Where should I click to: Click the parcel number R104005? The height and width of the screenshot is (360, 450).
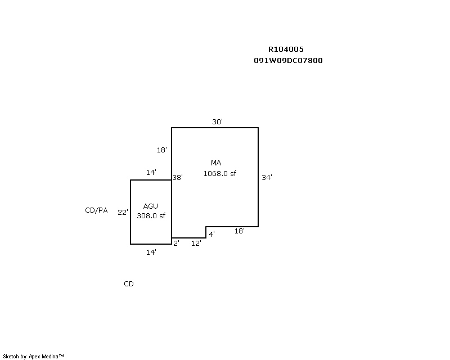(x=286, y=49)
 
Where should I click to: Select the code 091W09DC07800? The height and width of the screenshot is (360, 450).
(x=288, y=60)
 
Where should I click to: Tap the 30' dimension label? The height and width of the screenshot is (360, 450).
(x=217, y=121)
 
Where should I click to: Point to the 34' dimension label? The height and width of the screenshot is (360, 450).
(x=267, y=177)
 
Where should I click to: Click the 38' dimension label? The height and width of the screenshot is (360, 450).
(x=178, y=177)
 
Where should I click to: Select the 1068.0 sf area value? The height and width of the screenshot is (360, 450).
(x=219, y=173)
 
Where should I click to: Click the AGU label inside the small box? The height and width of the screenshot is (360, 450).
(x=150, y=206)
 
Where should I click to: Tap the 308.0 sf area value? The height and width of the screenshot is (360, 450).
(x=151, y=215)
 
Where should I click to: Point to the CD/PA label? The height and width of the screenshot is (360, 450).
(x=96, y=210)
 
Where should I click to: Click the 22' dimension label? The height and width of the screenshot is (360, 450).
(x=123, y=212)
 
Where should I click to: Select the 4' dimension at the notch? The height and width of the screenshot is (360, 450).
(x=211, y=233)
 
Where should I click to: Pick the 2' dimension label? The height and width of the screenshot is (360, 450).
(x=176, y=243)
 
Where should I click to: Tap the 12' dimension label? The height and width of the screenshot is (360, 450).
(x=196, y=243)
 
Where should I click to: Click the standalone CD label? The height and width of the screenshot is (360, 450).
(x=129, y=284)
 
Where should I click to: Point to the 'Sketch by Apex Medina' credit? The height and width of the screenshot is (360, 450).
(x=33, y=356)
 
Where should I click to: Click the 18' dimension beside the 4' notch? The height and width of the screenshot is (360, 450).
(x=239, y=231)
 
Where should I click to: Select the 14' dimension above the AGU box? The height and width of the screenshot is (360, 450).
(x=151, y=173)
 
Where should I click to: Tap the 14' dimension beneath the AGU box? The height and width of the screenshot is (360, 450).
(x=151, y=253)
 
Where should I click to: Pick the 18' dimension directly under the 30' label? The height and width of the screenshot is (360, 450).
(x=162, y=150)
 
